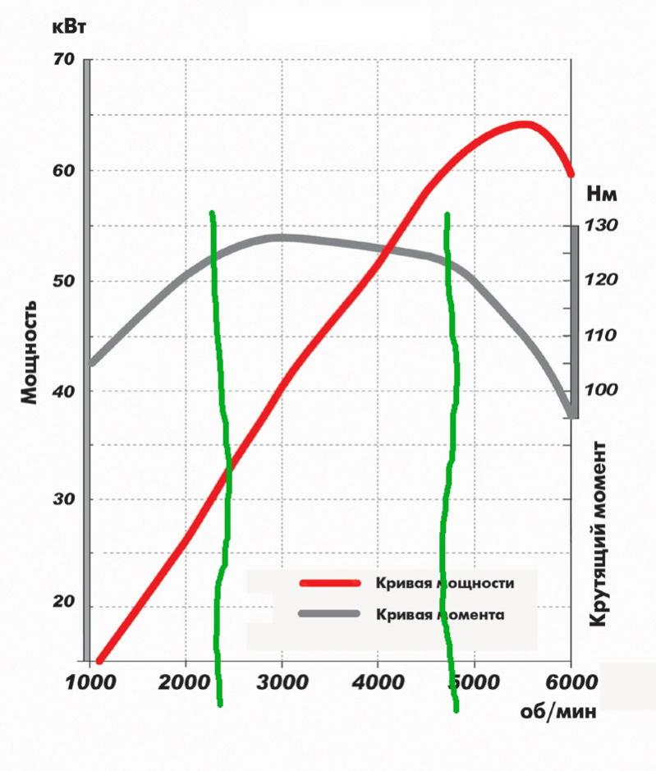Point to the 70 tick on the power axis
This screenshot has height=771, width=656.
(64, 60)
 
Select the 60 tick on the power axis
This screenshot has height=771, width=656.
(64, 171)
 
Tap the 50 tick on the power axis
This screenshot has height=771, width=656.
(64, 282)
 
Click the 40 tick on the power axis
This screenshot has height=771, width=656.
(64, 391)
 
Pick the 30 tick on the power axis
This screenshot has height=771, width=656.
(64, 500)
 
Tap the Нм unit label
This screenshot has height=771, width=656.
(602, 195)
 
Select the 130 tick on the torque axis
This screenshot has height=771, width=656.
(602, 226)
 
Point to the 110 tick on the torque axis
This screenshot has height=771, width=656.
(602, 335)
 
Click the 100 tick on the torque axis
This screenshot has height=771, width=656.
(602, 389)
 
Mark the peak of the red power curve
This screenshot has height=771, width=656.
(524, 124)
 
